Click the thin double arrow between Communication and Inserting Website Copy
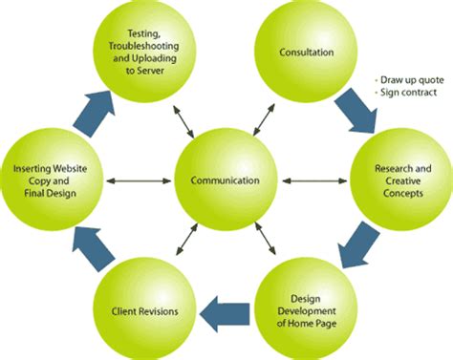click(x=138, y=180)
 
